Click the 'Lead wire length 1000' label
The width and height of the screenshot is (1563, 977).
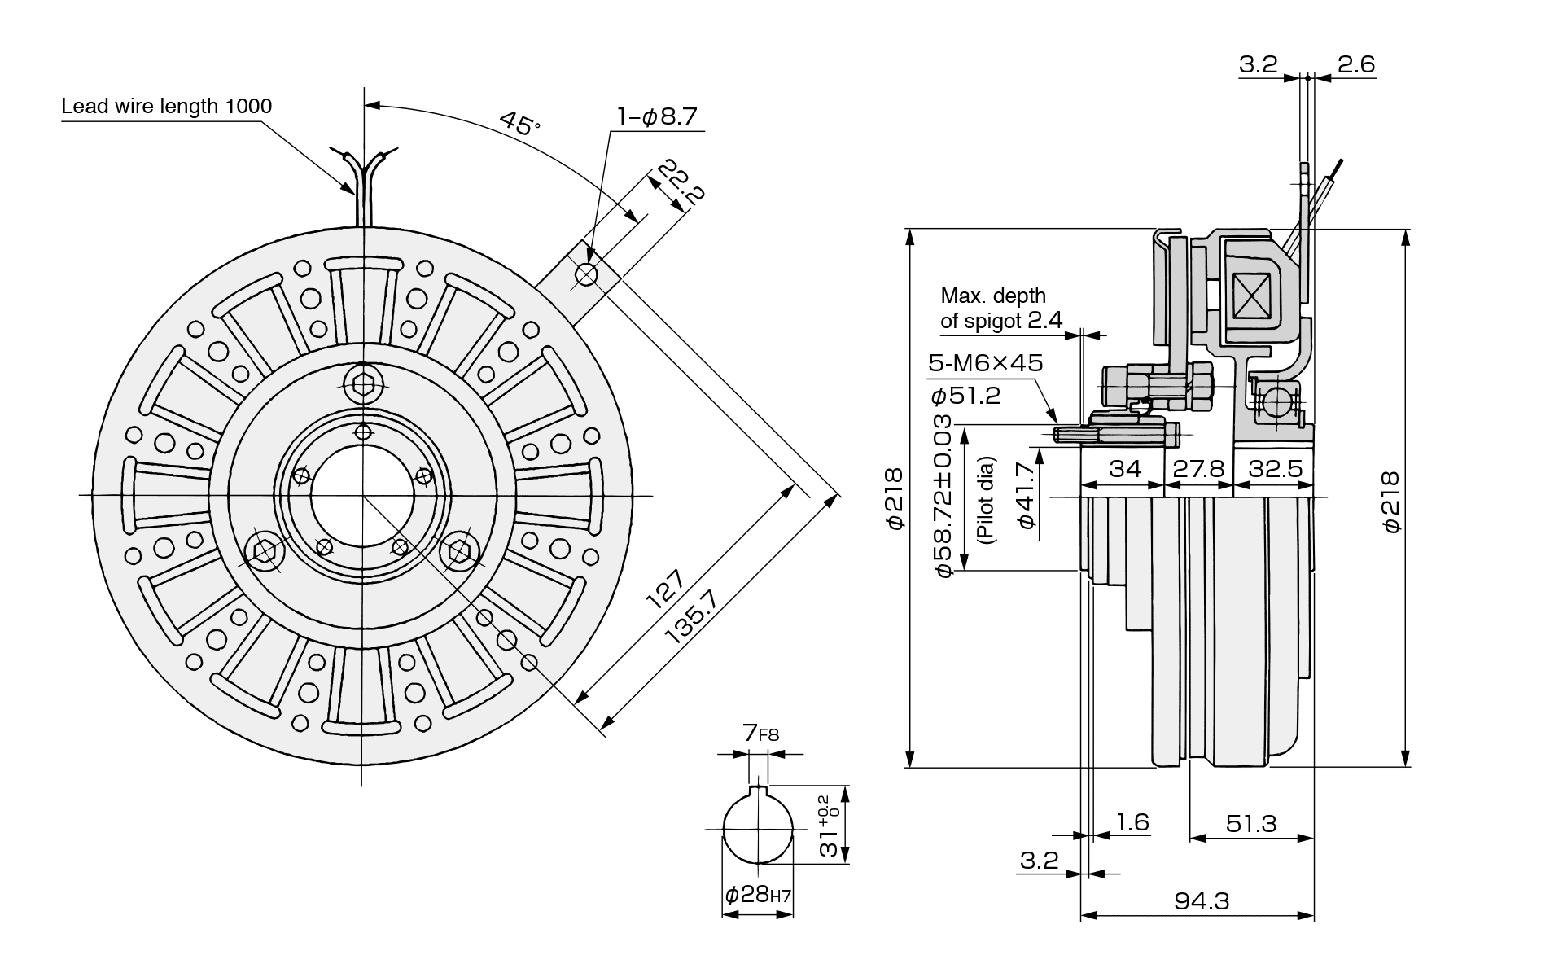tap(166, 106)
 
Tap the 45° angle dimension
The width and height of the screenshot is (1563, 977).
tap(519, 123)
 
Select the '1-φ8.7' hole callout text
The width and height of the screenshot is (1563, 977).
tap(657, 117)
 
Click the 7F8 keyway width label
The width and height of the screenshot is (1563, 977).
tap(760, 734)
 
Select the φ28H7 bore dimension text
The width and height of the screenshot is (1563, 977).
tap(757, 896)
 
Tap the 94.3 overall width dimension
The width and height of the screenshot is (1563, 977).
tap(1202, 901)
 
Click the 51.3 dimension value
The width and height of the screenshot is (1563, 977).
tap(1251, 824)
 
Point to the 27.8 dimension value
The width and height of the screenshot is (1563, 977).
tap(1199, 469)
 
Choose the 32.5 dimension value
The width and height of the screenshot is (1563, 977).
tap(1275, 469)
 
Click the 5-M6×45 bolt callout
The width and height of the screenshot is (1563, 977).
tap(985, 363)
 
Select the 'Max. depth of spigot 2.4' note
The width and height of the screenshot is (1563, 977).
tap(1000, 308)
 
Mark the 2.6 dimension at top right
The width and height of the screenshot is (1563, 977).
tap(1355, 64)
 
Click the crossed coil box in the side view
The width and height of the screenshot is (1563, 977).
tap(1252, 296)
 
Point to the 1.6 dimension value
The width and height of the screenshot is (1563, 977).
tap(1132, 822)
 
